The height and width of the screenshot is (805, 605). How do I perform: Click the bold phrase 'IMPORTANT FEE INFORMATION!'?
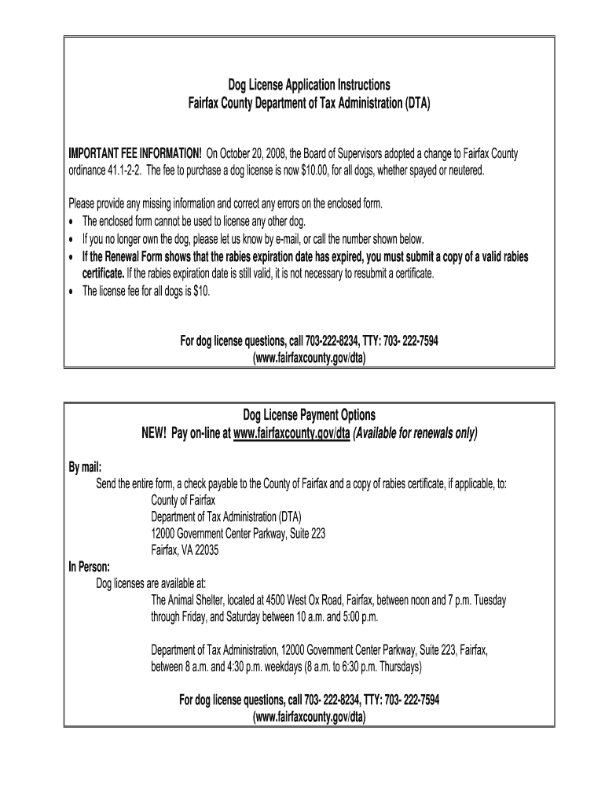click(x=135, y=153)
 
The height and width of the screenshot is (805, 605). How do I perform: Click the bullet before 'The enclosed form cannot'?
click(x=72, y=222)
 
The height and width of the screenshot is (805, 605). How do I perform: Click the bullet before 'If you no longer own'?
click(x=72, y=239)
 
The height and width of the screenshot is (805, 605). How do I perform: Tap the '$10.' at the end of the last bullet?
click(x=200, y=291)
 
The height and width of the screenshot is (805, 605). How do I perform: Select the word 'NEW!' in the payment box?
click(x=156, y=433)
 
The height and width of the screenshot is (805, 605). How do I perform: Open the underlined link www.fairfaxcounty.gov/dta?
click(x=291, y=433)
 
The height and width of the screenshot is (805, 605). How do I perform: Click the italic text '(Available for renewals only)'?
click(x=415, y=433)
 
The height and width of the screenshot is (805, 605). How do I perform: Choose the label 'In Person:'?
click(x=89, y=566)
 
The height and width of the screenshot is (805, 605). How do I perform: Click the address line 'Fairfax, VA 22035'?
click(x=185, y=550)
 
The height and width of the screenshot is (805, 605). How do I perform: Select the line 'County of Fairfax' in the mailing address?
click(x=182, y=499)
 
